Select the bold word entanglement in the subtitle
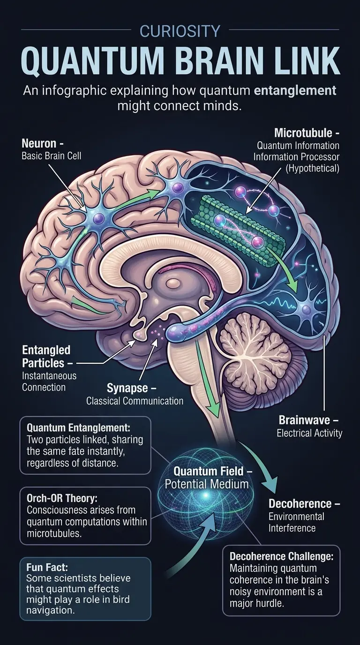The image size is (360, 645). tap(295, 90)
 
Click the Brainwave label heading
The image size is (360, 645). tap(307, 420)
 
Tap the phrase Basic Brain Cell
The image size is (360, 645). tap(52, 156)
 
